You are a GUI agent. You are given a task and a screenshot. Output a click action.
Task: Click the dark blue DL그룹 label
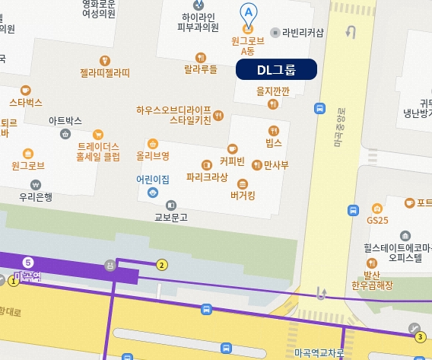275,70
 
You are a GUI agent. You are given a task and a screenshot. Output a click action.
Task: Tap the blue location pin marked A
248,13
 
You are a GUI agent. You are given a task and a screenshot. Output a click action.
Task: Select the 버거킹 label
243,195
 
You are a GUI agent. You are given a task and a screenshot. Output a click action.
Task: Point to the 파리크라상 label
207,177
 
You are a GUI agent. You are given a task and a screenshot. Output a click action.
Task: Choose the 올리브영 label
152,155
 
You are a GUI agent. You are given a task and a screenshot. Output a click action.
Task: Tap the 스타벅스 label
26,101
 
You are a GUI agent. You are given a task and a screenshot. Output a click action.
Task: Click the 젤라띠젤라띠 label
105,73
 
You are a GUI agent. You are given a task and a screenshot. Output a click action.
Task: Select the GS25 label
376,219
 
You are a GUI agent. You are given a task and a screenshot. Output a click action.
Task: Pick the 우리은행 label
36,196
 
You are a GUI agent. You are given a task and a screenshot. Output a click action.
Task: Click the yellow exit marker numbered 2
161,265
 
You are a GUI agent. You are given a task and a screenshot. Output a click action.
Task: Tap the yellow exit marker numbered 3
421,336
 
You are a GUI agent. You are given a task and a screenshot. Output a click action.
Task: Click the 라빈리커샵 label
303,32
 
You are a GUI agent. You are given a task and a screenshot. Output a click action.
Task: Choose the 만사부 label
275,164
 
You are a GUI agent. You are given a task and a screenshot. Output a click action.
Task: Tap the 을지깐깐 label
273,91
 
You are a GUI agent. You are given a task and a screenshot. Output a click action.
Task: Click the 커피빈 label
232,162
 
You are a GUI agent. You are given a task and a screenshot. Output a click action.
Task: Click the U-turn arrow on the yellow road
351,31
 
